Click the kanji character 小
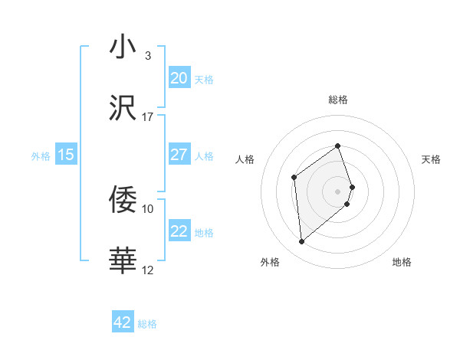(x=123, y=47)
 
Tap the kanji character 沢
(x=123, y=109)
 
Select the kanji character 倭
(x=123, y=200)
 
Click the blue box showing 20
(x=179, y=78)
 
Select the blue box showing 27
(x=179, y=155)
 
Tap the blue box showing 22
(x=179, y=232)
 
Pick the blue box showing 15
(x=66, y=155)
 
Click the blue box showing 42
(x=123, y=322)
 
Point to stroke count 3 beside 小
(x=147, y=55)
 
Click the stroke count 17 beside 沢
(x=147, y=116)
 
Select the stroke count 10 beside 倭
(x=147, y=208)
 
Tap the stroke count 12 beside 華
(x=147, y=270)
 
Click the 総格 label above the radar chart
(x=337, y=100)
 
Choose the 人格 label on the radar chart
(x=245, y=159)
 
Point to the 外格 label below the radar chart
(x=270, y=262)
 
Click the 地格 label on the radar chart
(x=402, y=262)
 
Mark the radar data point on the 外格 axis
(x=302, y=241)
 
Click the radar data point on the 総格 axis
(x=337, y=145)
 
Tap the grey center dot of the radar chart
(x=337, y=191)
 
